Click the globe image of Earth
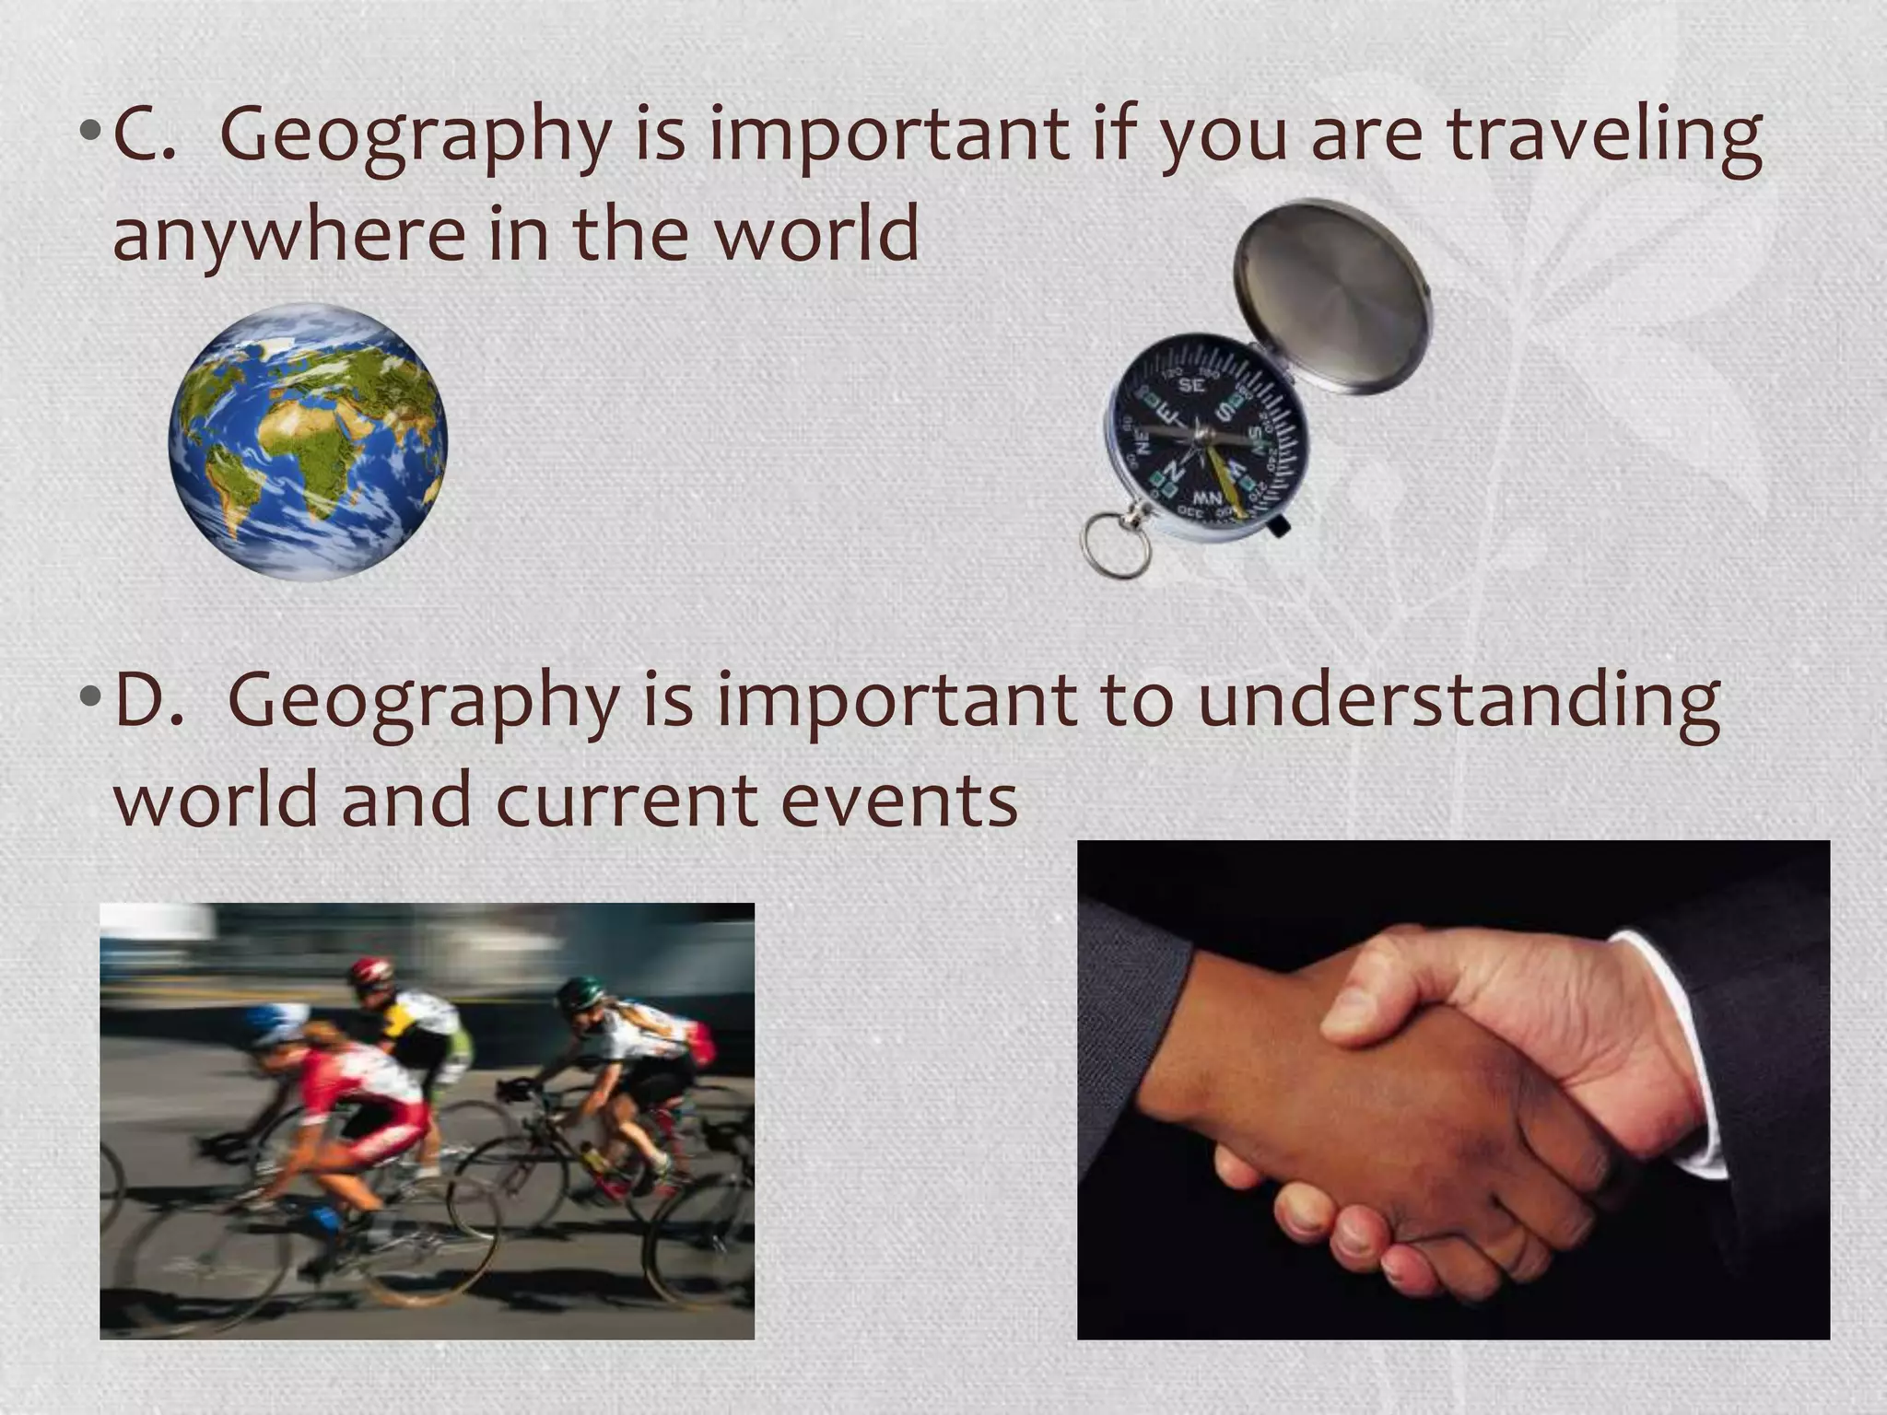[x=308, y=442]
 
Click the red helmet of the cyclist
[x=370, y=971]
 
